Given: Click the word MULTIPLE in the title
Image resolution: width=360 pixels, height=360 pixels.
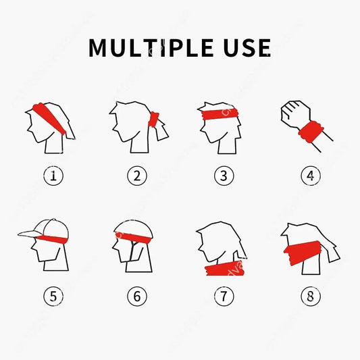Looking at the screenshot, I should coord(155,48).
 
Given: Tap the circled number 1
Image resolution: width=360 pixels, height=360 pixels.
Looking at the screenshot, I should coord(54,176).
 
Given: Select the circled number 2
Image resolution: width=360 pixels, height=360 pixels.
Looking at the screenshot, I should coord(137,176).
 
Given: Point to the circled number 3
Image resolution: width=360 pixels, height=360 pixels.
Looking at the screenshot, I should coord(224,176).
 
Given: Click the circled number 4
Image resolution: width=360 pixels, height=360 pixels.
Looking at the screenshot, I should coord(310,176).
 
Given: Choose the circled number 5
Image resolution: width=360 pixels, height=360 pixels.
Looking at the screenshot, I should coord(54,295).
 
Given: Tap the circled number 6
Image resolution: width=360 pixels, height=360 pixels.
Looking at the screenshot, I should coord(137,295).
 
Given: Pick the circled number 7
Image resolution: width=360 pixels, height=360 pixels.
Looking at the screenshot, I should coord(224,295).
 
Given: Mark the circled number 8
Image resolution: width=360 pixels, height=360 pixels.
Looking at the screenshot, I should coord(310,295).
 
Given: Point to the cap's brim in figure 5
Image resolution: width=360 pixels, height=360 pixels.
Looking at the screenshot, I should coord(30,233).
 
